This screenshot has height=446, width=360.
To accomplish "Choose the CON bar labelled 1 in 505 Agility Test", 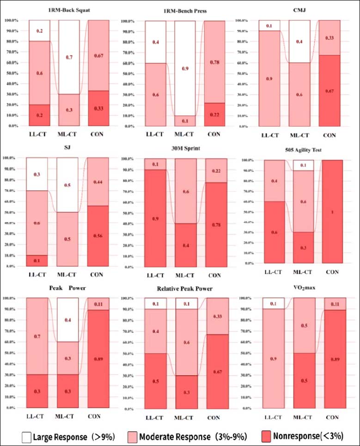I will [331, 211].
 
